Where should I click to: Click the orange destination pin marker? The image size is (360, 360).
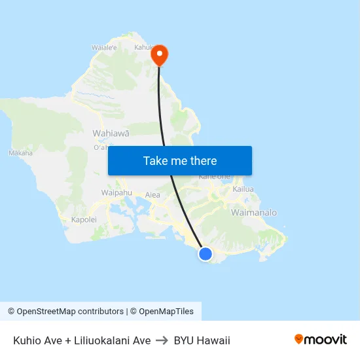pos(159,54)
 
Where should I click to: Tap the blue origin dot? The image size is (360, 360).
pos(206,254)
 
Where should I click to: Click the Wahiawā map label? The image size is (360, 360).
pos(111,133)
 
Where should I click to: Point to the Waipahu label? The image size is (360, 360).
pos(117,192)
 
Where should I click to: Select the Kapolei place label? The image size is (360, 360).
pos(84,220)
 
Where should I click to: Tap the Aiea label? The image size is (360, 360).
pos(153,195)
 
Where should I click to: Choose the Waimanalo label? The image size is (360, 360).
pos(254,213)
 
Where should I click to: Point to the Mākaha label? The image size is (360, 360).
pos(20,153)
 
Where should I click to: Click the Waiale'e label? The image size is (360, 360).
pos(104,48)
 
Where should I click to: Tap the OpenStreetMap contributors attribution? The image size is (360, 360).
pos(70,312)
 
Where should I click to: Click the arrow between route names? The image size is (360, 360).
pos(162,340)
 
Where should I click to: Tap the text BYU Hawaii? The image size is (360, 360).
pos(202,340)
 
